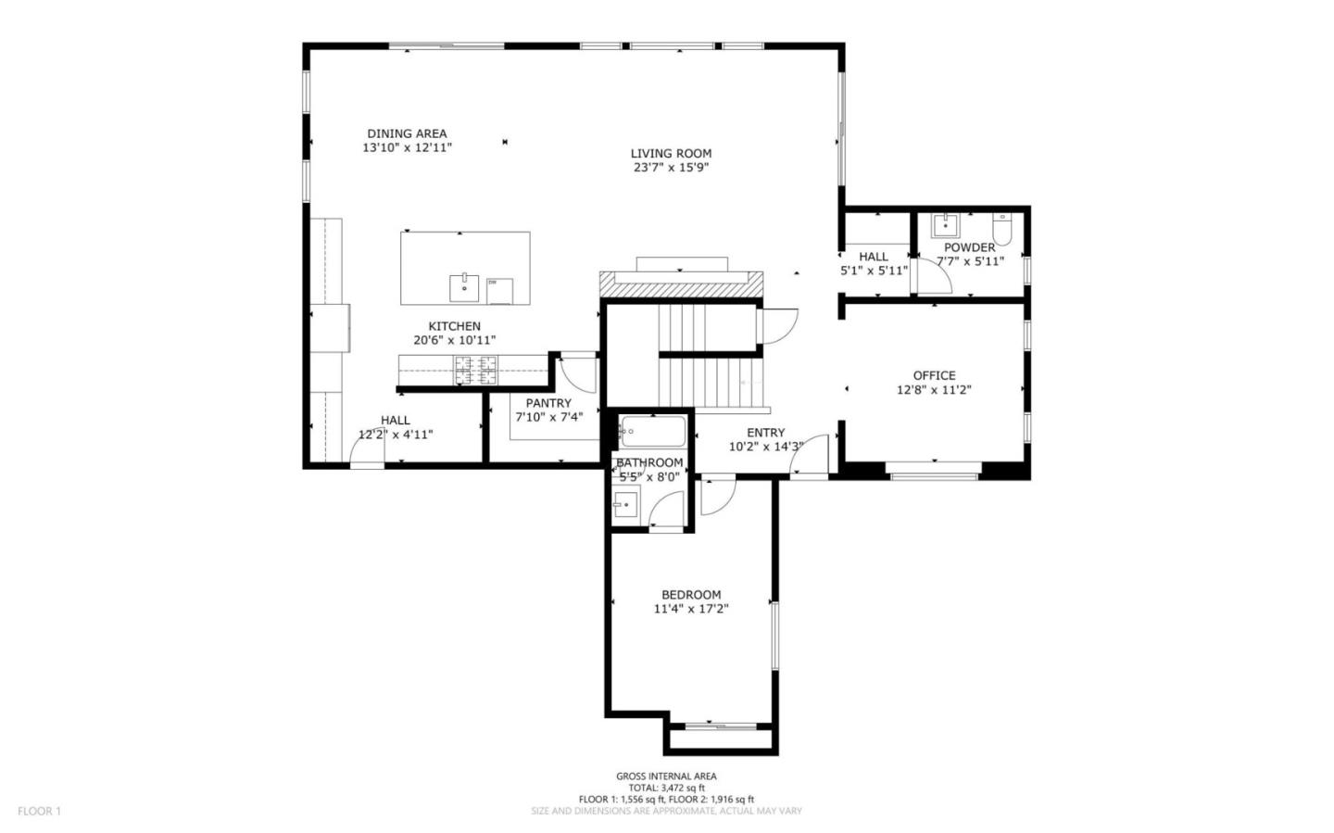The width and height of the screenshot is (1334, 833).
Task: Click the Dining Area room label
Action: [x=407, y=133]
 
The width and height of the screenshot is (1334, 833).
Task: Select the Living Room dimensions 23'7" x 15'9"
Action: [x=671, y=168]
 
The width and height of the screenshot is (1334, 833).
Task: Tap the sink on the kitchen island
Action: [x=463, y=287]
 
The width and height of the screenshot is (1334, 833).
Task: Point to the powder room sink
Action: [x=945, y=225]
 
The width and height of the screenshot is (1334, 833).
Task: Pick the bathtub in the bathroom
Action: [x=653, y=431]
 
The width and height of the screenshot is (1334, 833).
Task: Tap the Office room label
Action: [x=934, y=375]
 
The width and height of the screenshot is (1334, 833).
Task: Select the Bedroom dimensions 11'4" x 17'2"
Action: [x=691, y=609]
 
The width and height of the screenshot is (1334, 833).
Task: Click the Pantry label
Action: [x=548, y=403]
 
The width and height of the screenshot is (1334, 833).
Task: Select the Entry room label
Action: [x=765, y=433]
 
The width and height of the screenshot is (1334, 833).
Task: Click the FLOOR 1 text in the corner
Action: [x=39, y=811]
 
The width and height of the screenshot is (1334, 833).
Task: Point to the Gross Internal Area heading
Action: [x=666, y=776]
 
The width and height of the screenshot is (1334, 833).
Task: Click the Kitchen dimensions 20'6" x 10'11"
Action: [x=454, y=340]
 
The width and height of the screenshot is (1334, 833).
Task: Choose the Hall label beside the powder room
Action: [x=873, y=257]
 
